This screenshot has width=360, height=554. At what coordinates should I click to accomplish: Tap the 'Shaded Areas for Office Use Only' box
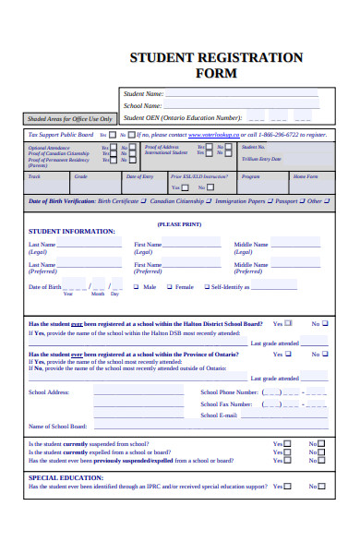pyautogui.click(x=70, y=119)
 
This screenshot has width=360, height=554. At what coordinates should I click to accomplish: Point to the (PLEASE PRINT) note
pyautogui.click(x=179, y=224)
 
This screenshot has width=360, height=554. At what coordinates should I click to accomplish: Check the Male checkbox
pyautogui.click(x=137, y=287)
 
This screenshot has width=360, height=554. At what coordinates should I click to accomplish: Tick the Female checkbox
pyautogui.click(x=168, y=287)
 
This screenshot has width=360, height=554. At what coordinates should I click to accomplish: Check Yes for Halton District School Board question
pyautogui.click(x=288, y=323)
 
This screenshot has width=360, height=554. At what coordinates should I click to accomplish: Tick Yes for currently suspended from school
pyautogui.click(x=287, y=443)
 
